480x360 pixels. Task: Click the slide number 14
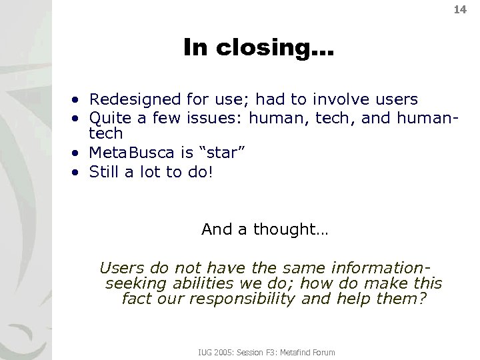[x=460, y=10]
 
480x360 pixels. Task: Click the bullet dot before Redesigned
[x=78, y=101]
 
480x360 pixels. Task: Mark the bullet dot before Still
[x=78, y=173]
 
